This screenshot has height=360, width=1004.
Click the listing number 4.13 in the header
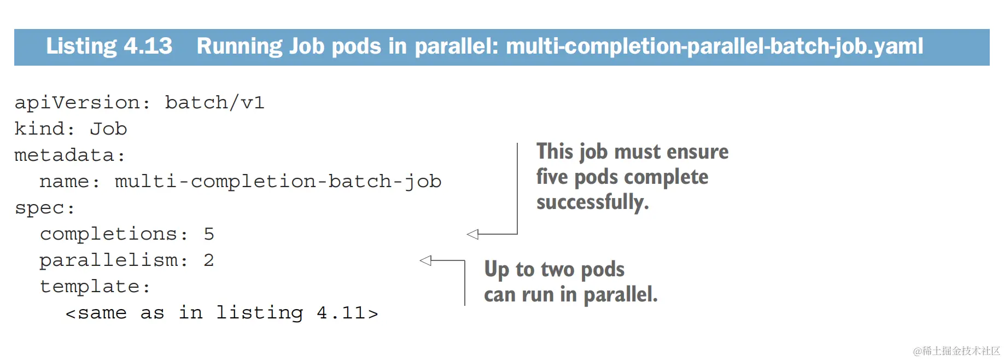pyautogui.click(x=148, y=46)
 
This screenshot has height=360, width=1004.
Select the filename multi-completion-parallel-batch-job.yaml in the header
pyautogui.click(x=714, y=47)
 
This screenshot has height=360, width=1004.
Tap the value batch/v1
pyautogui.click(x=215, y=102)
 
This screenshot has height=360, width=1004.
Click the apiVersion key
pyautogui.click(x=76, y=103)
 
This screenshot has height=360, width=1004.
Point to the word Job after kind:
pyautogui.click(x=108, y=129)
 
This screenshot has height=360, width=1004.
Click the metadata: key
pyautogui.click(x=69, y=155)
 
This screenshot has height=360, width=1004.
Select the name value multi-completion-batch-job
pyautogui.click(x=278, y=182)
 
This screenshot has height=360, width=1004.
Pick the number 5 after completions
pyautogui.click(x=209, y=234)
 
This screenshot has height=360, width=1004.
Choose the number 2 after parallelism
pyautogui.click(x=209, y=260)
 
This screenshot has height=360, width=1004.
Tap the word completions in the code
pyautogui.click(x=108, y=234)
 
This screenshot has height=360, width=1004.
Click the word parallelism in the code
pyautogui.click(x=108, y=260)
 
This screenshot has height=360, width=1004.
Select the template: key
pyautogui.click(x=94, y=286)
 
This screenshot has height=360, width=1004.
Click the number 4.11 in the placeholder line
pyautogui.click(x=341, y=313)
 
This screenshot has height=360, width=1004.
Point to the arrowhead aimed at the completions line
pyautogui.click(x=472, y=234)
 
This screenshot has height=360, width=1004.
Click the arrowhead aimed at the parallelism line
pyautogui.click(x=425, y=260)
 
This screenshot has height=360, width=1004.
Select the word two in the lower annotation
pyautogui.click(x=557, y=269)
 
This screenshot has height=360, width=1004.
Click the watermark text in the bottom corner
pyautogui.click(x=956, y=351)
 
